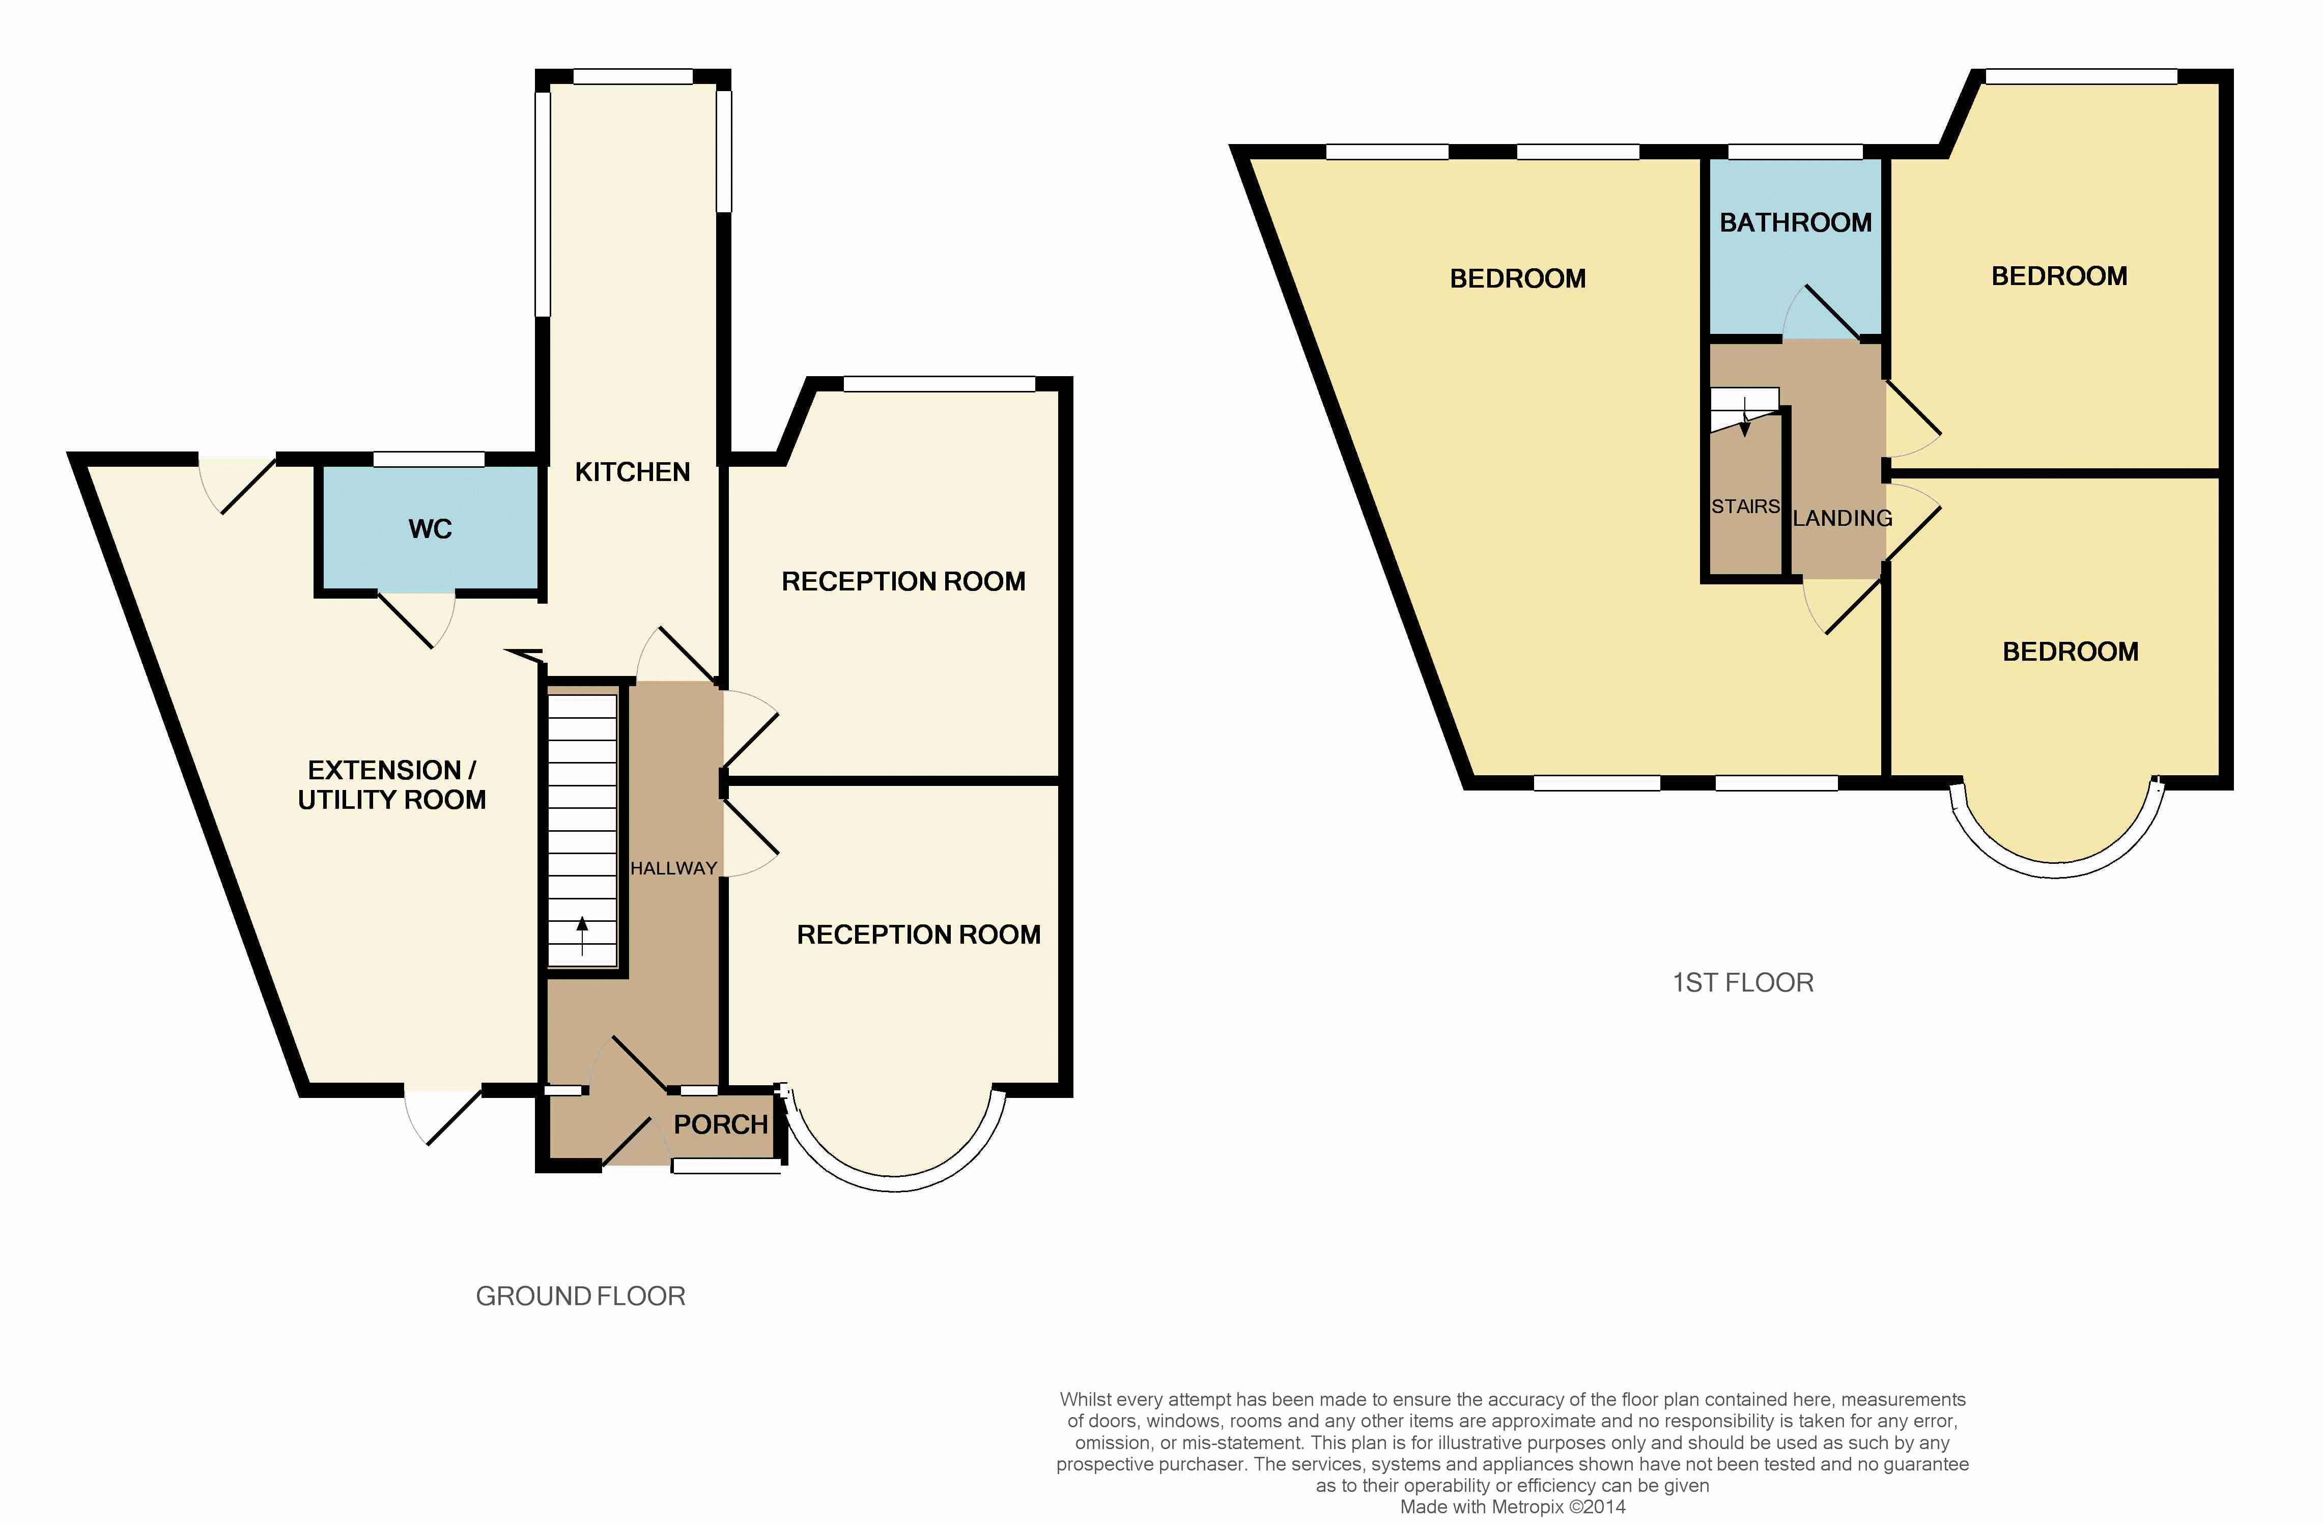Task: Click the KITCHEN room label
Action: tap(633, 472)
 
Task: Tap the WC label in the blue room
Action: tap(431, 529)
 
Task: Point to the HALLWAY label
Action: tap(673, 868)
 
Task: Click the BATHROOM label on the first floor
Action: tap(1796, 222)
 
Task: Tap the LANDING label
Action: tap(1843, 518)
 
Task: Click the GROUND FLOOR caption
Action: tap(581, 1296)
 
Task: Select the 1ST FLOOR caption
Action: tap(1743, 982)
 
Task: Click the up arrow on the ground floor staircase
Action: tap(583, 935)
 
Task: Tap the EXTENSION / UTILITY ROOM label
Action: tap(391, 785)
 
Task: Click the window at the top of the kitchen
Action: tap(633, 76)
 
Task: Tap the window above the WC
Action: tap(430, 459)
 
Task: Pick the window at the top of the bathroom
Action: tap(1796, 151)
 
